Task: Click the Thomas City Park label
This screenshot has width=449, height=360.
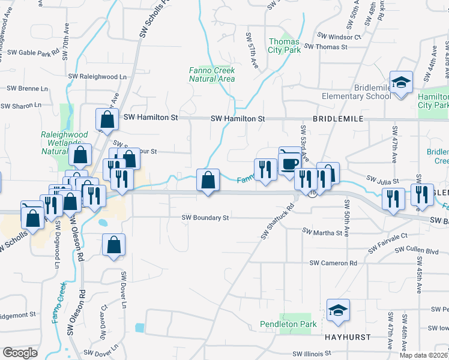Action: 285,46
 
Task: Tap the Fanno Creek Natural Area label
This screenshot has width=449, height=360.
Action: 208,74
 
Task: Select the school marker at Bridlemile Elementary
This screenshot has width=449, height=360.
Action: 400,82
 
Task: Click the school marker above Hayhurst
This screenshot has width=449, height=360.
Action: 338,310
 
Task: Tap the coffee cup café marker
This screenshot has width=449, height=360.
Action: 290,162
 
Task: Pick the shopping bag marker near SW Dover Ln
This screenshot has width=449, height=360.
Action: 113,245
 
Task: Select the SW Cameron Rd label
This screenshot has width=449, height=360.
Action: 333,263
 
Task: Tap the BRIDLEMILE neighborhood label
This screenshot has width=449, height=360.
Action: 339,119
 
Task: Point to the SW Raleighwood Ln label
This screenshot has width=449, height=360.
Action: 98,77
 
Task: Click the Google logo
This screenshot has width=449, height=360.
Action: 20,353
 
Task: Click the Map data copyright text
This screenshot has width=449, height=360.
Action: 423,355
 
